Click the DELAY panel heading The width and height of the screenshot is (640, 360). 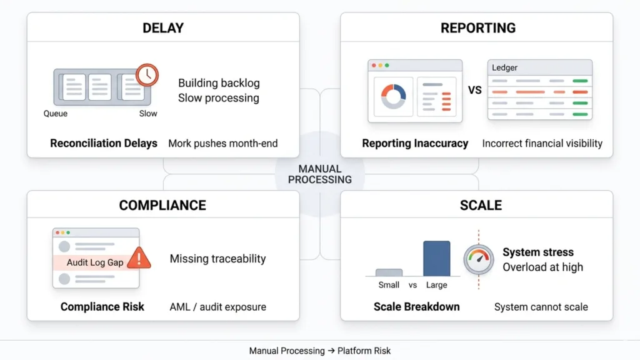tap(162, 27)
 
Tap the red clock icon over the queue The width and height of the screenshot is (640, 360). tap(147, 74)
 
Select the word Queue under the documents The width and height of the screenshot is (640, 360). tap(56, 114)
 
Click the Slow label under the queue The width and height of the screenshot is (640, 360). tap(148, 114)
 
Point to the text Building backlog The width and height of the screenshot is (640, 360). tap(219, 83)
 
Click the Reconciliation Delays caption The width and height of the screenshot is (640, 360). tap(104, 143)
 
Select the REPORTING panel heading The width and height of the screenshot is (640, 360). tap(478, 27)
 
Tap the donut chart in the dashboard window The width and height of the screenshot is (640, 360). tap(394, 96)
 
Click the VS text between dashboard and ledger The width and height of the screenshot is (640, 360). tap(475, 90)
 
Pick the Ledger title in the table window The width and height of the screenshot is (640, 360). tap(504, 67)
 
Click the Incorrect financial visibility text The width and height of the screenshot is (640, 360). tap(542, 143)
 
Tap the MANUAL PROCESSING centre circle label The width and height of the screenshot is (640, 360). tap(320, 174)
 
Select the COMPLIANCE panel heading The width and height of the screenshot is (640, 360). tap(162, 206)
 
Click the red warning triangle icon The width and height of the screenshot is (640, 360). tap(139, 257)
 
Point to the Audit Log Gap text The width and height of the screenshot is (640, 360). tap(95, 262)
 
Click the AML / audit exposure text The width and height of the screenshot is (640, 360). tap(217, 307)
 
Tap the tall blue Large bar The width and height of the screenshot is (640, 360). tap(436, 258)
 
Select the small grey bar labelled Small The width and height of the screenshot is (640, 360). tap(389, 272)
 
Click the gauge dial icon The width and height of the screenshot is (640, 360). tap(478, 258)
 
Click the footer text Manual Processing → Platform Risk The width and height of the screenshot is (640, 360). tap(320, 351)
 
